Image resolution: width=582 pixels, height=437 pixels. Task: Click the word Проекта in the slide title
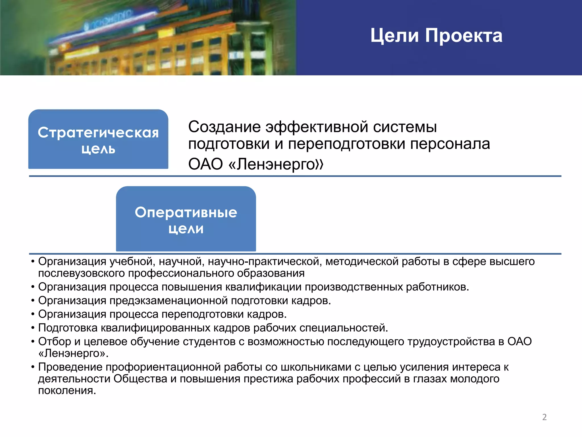(463, 36)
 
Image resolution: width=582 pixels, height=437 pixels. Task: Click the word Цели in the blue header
(394, 36)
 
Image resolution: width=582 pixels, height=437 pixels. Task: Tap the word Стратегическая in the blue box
(98, 133)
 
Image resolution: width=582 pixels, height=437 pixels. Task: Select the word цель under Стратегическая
(98, 149)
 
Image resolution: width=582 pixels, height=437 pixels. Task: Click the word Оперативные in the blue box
(186, 212)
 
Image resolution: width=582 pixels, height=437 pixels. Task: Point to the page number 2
(544, 417)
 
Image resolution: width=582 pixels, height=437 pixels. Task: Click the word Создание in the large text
(224, 127)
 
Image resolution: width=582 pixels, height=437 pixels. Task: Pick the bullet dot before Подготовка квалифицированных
(33, 328)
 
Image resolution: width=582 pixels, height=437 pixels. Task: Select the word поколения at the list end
(67, 391)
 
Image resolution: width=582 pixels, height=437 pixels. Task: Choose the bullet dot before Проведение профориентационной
(33, 367)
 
